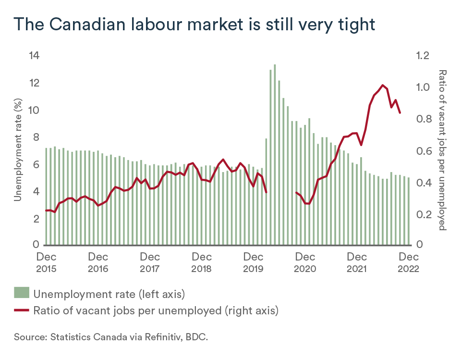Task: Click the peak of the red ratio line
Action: coord(383,85)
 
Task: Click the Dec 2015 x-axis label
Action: coord(46,262)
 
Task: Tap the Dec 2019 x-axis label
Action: coord(254,262)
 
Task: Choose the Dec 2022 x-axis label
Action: coord(409,262)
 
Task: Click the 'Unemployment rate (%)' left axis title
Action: coord(18,150)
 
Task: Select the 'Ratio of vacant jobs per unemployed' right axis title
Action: coord(442,150)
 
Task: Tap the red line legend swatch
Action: coord(22,310)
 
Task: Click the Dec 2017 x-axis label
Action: coord(150,262)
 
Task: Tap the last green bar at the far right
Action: coord(409,211)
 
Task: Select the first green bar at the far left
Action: coord(46,197)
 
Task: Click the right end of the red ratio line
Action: coord(400,112)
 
